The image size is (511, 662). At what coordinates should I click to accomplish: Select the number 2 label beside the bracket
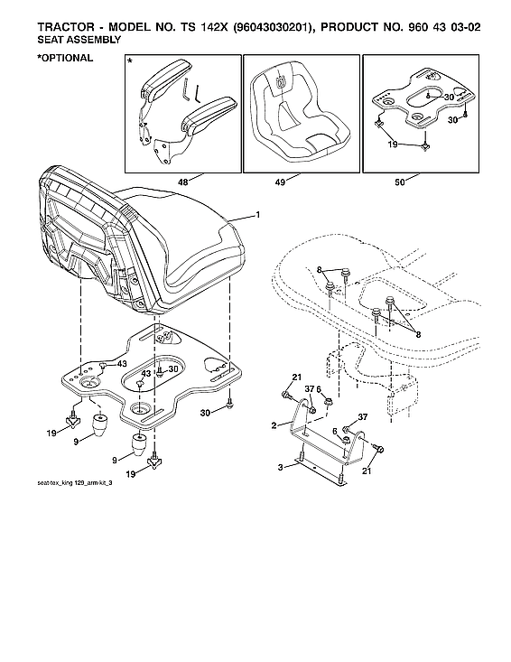coord(274,424)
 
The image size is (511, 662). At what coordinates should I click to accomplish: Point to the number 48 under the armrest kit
coord(183,182)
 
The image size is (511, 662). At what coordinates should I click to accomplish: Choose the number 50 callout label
coord(399,182)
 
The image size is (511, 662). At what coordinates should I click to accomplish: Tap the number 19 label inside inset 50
coord(392,144)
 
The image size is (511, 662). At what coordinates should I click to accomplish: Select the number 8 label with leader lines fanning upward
coord(415,333)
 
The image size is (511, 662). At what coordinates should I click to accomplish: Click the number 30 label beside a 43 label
coord(173,369)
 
